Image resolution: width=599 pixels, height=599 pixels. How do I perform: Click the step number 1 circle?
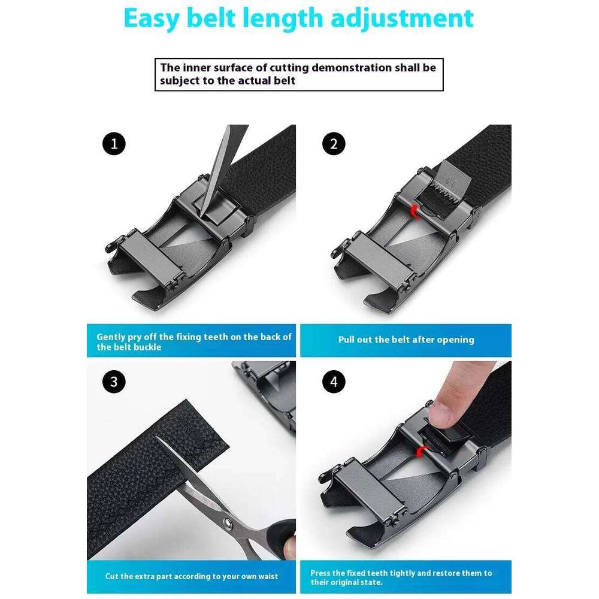pos(114,144)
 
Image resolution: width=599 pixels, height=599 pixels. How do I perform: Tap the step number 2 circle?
pos(334,144)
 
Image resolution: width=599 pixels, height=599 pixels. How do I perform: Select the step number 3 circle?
pos(114,382)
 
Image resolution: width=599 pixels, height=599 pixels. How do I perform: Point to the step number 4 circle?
pos(334,382)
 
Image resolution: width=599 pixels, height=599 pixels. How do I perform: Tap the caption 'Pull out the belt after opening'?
pos(406,340)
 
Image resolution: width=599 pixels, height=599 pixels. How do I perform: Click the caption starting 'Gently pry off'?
pos(194,341)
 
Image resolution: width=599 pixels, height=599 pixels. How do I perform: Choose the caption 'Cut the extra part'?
pos(192,576)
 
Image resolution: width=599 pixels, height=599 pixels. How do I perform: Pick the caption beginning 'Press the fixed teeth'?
pos(401,577)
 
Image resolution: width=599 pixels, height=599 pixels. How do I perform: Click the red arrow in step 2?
pos(413,210)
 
